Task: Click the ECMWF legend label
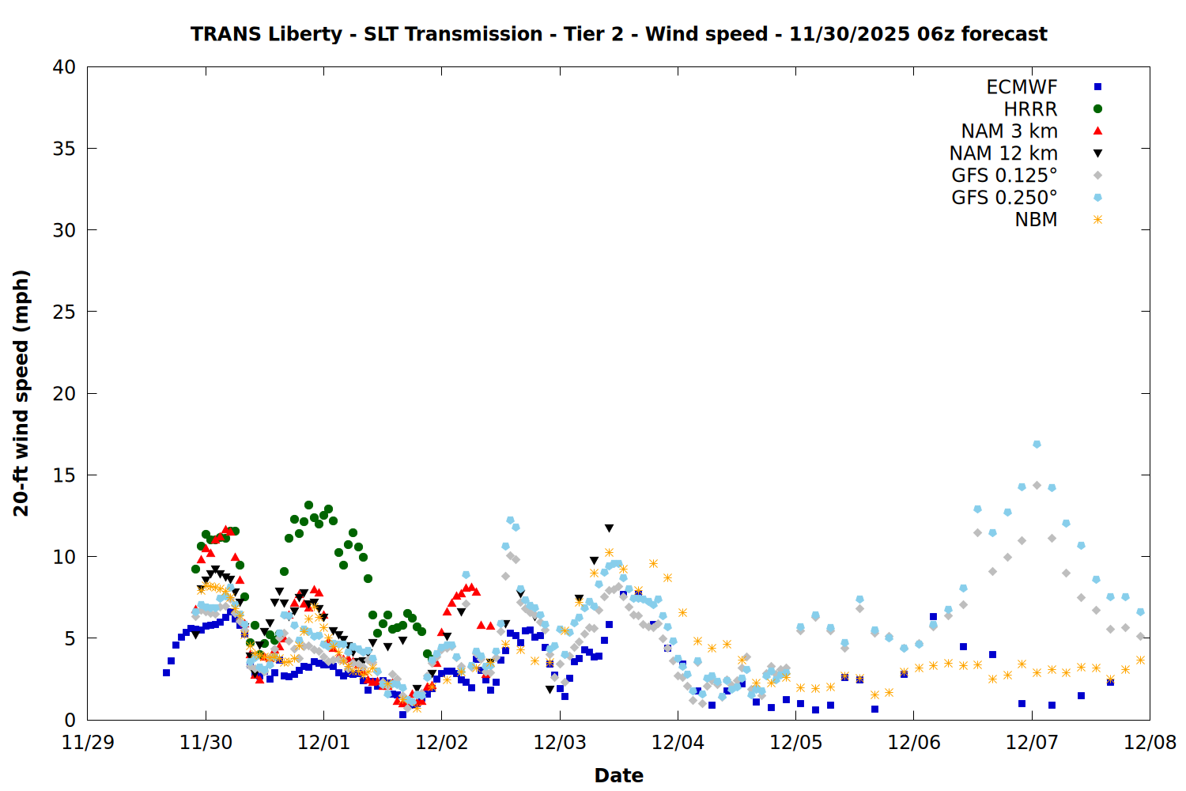(x=1022, y=87)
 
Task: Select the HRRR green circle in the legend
(x=1097, y=109)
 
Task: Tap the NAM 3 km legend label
(x=1009, y=131)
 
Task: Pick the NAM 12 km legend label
(x=1003, y=153)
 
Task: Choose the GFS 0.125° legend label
(x=1004, y=176)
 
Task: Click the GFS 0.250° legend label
(x=1004, y=198)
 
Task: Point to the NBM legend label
(x=1036, y=220)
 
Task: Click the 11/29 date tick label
(x=87, y=743)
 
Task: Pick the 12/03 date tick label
(x=560, y=743)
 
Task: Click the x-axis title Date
(x=618, y=775)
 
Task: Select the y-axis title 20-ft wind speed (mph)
(x=21, y=393)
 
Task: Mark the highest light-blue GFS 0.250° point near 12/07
(x=1037, y=445)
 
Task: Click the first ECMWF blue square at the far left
(x=166, y=672)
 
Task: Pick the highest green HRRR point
(x=308, y=505)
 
